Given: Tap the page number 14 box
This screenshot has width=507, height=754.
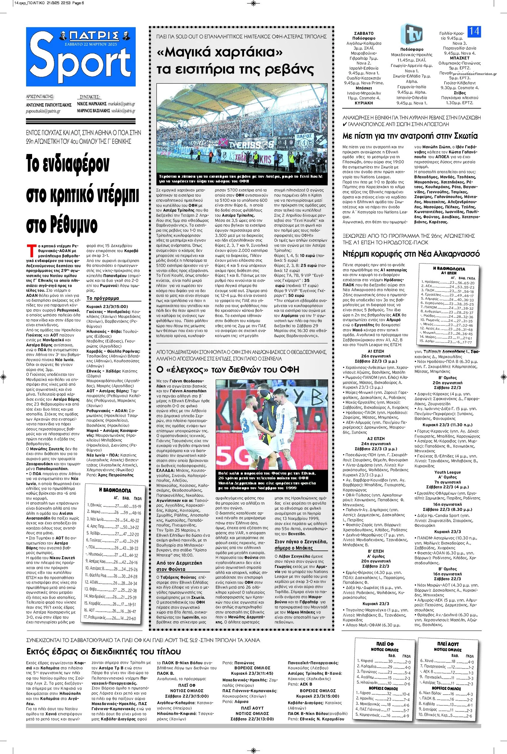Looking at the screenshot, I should pos(474,31).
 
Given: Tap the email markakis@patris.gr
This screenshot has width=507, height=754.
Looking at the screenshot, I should pos(121,104).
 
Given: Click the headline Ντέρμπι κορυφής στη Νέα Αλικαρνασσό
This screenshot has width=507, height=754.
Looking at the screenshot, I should pos(411,254).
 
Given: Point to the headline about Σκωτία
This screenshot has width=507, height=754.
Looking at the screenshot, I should pos(410,136).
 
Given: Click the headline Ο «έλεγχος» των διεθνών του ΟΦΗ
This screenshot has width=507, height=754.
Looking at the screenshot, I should pos(228,369).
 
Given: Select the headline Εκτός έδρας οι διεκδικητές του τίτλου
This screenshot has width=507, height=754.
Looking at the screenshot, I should pos(104,642).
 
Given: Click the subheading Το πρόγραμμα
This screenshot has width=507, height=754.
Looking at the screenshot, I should pos(102,298).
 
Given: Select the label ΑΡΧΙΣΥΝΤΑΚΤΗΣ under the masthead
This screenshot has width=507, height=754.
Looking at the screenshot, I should pos(40,96).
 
